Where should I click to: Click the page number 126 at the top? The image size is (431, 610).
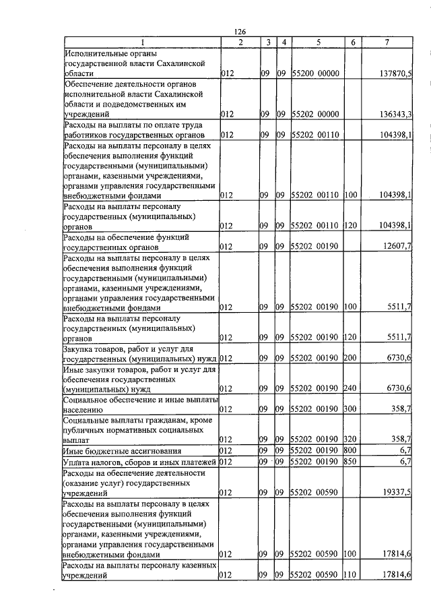click(x=240, y=32)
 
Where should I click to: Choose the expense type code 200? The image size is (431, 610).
click(x=350, y=358)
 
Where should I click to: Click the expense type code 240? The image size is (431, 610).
click(x=350, y=388)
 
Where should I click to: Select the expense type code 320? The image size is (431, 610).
click(x=350, y=439)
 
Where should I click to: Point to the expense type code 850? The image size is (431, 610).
click(x=350, y=462)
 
